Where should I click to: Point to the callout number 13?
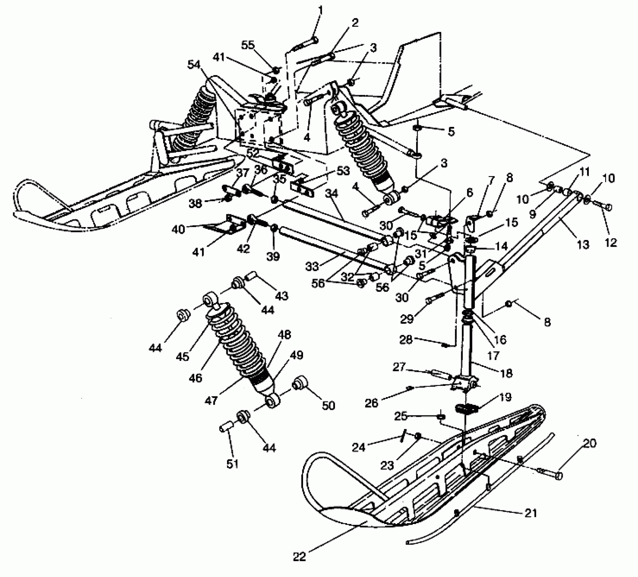(583, 244)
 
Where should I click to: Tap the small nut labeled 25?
(441, 416)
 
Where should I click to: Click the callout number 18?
(506, 373)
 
